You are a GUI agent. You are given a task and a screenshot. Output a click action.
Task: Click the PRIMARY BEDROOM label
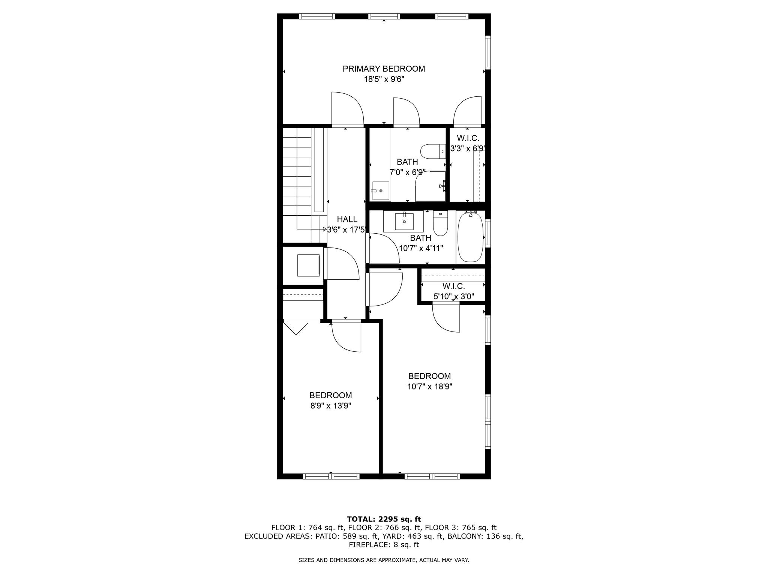pos(384,69)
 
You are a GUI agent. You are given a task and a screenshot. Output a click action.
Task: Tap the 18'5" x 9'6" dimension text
pos(384,79)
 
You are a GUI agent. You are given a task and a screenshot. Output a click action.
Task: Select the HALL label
pos(347,219)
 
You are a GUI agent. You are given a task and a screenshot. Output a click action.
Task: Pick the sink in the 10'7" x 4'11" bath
pos(404,221)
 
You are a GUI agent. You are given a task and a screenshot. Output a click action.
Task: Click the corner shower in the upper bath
pos(430,186)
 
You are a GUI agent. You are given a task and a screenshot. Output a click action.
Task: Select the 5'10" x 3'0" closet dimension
pos(454,297)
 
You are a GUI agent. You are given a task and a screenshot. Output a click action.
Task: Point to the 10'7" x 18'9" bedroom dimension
pos(430,387)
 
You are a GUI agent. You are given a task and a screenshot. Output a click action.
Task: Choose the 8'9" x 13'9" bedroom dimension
pos(330,406)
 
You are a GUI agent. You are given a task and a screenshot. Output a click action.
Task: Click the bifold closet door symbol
pos(296,327)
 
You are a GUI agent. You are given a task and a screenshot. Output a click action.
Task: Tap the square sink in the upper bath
pos(380,191)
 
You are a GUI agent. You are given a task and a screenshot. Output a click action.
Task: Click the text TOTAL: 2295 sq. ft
pos(384,519)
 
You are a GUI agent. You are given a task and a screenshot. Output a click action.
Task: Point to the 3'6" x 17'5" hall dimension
pos(346,230)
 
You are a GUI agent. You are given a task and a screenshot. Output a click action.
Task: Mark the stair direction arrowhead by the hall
pos(325,229)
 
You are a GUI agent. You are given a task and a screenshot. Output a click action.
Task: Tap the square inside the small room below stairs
pos(308,265)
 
